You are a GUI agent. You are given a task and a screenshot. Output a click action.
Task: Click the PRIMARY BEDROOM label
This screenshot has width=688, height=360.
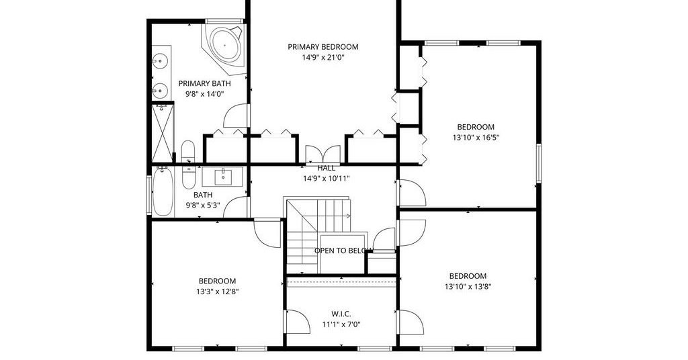click(323, 47)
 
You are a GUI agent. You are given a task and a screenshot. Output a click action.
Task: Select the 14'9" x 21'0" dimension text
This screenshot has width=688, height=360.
click(323, 58)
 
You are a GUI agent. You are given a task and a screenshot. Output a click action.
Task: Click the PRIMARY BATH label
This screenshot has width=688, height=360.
click(204, 83)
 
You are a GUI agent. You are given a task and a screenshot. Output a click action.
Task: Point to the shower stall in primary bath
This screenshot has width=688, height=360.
click(163, 132)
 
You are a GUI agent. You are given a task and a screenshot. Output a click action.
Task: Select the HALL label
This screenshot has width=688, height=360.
click(326, 168)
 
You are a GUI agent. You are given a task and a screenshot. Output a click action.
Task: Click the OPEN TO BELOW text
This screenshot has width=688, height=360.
click(343, 251)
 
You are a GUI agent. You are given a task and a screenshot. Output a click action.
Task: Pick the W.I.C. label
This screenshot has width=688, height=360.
click(341, 314)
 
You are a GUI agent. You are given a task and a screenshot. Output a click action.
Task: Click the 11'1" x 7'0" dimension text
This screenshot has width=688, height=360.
click(341, 325)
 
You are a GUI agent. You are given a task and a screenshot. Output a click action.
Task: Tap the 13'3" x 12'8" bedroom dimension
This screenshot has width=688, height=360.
click(218, 291)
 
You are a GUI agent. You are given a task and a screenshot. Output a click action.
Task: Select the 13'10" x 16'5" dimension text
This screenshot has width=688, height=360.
click(476, 138)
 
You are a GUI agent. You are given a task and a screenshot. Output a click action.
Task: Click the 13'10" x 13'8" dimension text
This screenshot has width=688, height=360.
click(468, 287)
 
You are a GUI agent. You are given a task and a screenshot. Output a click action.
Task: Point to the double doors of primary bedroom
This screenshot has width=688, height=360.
click(322, 154)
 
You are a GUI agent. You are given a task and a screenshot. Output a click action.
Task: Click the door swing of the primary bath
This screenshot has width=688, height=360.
click(236, 116)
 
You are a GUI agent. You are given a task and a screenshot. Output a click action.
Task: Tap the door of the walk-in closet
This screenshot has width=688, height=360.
click(298, 322)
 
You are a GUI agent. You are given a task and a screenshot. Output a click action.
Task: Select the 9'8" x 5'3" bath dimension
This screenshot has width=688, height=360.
click(203, 205)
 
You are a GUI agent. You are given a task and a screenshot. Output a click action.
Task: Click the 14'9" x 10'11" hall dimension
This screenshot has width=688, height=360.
click(326, 179)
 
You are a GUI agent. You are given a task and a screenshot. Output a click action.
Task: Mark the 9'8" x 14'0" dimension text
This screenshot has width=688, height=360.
click(204, 94)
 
